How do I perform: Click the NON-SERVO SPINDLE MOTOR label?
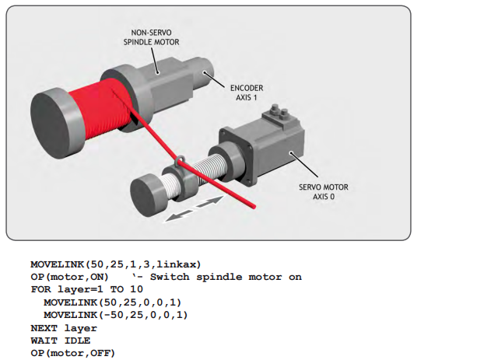point(151,37)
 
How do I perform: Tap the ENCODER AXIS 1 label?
point(247,93)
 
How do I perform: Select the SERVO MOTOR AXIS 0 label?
point(324,192)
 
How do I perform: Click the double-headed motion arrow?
point(194,208)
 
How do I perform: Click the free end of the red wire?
point(254,207)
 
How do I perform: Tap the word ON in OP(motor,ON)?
point(96,277)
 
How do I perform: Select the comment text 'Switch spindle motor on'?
point(226,277)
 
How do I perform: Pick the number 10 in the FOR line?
point(137,289)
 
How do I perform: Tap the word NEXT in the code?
point(44,328)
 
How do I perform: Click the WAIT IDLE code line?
point(61,341)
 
